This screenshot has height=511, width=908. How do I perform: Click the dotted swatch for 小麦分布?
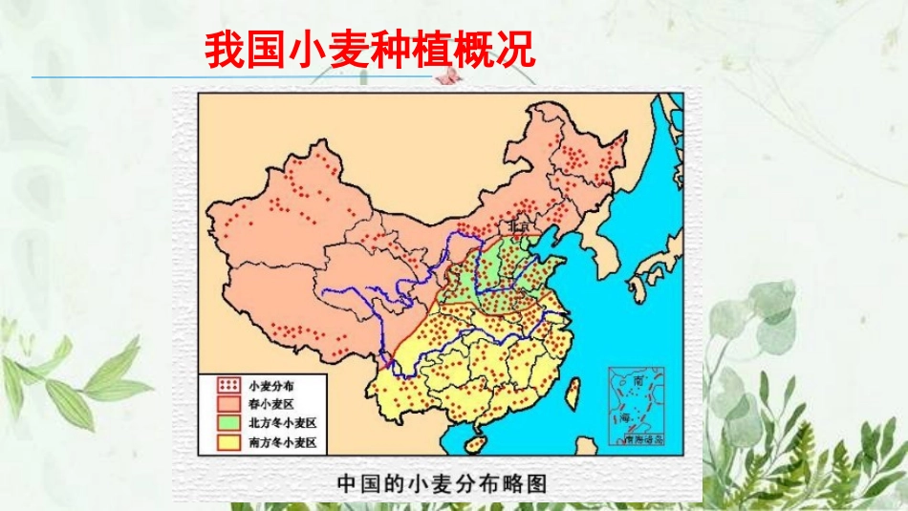pos(227,385)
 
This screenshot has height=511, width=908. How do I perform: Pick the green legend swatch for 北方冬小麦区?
pos(227,422)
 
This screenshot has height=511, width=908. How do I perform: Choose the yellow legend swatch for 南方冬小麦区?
pos(227,441)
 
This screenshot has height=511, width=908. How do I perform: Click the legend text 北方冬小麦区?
pos(281,422)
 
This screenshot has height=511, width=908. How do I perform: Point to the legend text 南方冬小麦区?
pos(281,441)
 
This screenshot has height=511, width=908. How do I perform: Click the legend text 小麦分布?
pos(271,385)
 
